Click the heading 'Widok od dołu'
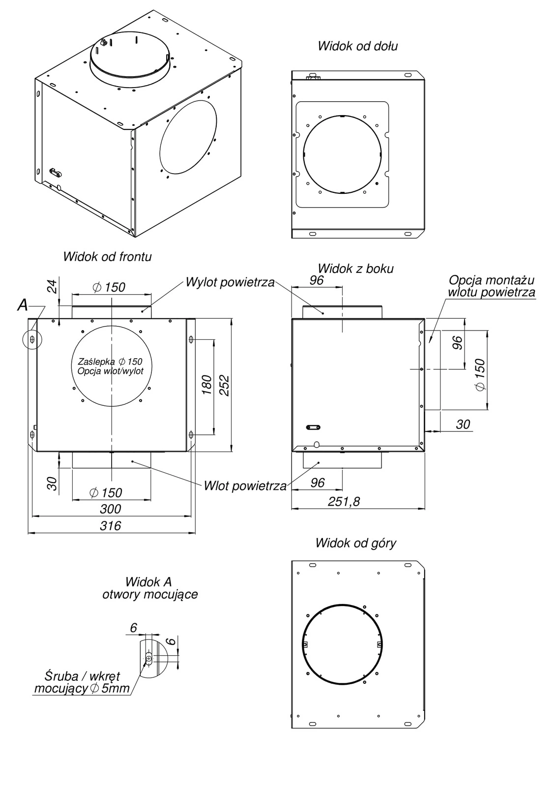(357, 46)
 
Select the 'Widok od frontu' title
(107, 256)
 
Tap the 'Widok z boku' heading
(355, 269)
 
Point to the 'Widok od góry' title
(355, 543)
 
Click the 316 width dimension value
(110, 526)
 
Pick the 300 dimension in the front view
(110, 509)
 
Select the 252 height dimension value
(224, 385)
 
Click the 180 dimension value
(207, 385)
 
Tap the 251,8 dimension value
(344, 501)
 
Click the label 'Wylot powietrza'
(230, 283)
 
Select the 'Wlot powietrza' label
(245, 486)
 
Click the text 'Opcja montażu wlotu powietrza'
(491, 286)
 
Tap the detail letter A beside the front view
(23, 305)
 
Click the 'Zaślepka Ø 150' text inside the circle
(110, 362)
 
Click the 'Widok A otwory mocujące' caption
(149, 588)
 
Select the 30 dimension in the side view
(463, 424)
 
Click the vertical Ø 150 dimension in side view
(480, 375)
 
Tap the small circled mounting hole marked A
(32, 339)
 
